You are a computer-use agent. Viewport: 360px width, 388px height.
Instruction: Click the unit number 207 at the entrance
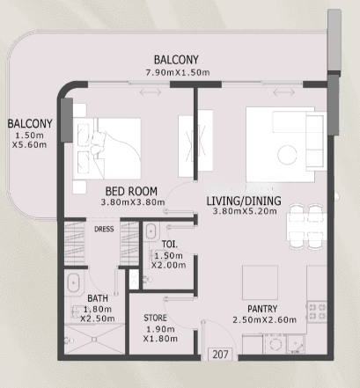[x=220, y=355]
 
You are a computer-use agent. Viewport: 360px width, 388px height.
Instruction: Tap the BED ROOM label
[x=131, y=192]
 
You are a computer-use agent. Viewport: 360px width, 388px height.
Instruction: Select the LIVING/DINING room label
[x=244, y=201]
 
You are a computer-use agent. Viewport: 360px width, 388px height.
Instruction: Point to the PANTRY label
[x=262, y=309]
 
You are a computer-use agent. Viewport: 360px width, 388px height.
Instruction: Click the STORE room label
[x=155, y=318]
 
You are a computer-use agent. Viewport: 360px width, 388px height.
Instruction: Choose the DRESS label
[x=104, y=229]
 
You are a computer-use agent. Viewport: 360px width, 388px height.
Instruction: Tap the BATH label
[x=98, y=298]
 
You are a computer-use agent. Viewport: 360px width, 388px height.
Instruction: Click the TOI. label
[x=170, y=244]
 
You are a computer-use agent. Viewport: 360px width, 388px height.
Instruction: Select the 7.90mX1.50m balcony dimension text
[x=178, y=72]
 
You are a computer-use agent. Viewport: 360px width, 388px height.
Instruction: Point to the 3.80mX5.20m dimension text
[x=245, y=211]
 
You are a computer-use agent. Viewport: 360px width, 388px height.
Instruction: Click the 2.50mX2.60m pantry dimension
[x=264, y=319]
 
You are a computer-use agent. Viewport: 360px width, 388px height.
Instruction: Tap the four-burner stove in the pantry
[x=317, y=311]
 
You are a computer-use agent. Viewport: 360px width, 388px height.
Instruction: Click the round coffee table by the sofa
[x=287, y=155]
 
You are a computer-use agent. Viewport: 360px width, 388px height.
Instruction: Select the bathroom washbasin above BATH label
[x=73, y=283]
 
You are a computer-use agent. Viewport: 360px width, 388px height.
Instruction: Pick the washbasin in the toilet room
[x=151, y=231]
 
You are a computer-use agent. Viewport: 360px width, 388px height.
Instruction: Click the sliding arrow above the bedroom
[x=151, y=92]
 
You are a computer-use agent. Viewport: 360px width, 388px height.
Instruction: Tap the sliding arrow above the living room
[x=284, y=92]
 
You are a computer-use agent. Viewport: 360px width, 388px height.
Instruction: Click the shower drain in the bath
[x=94, y=340]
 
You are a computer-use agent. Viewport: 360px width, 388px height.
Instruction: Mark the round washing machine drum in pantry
[x=276, y=344]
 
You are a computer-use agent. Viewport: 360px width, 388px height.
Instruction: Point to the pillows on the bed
[x=98, y=143]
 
